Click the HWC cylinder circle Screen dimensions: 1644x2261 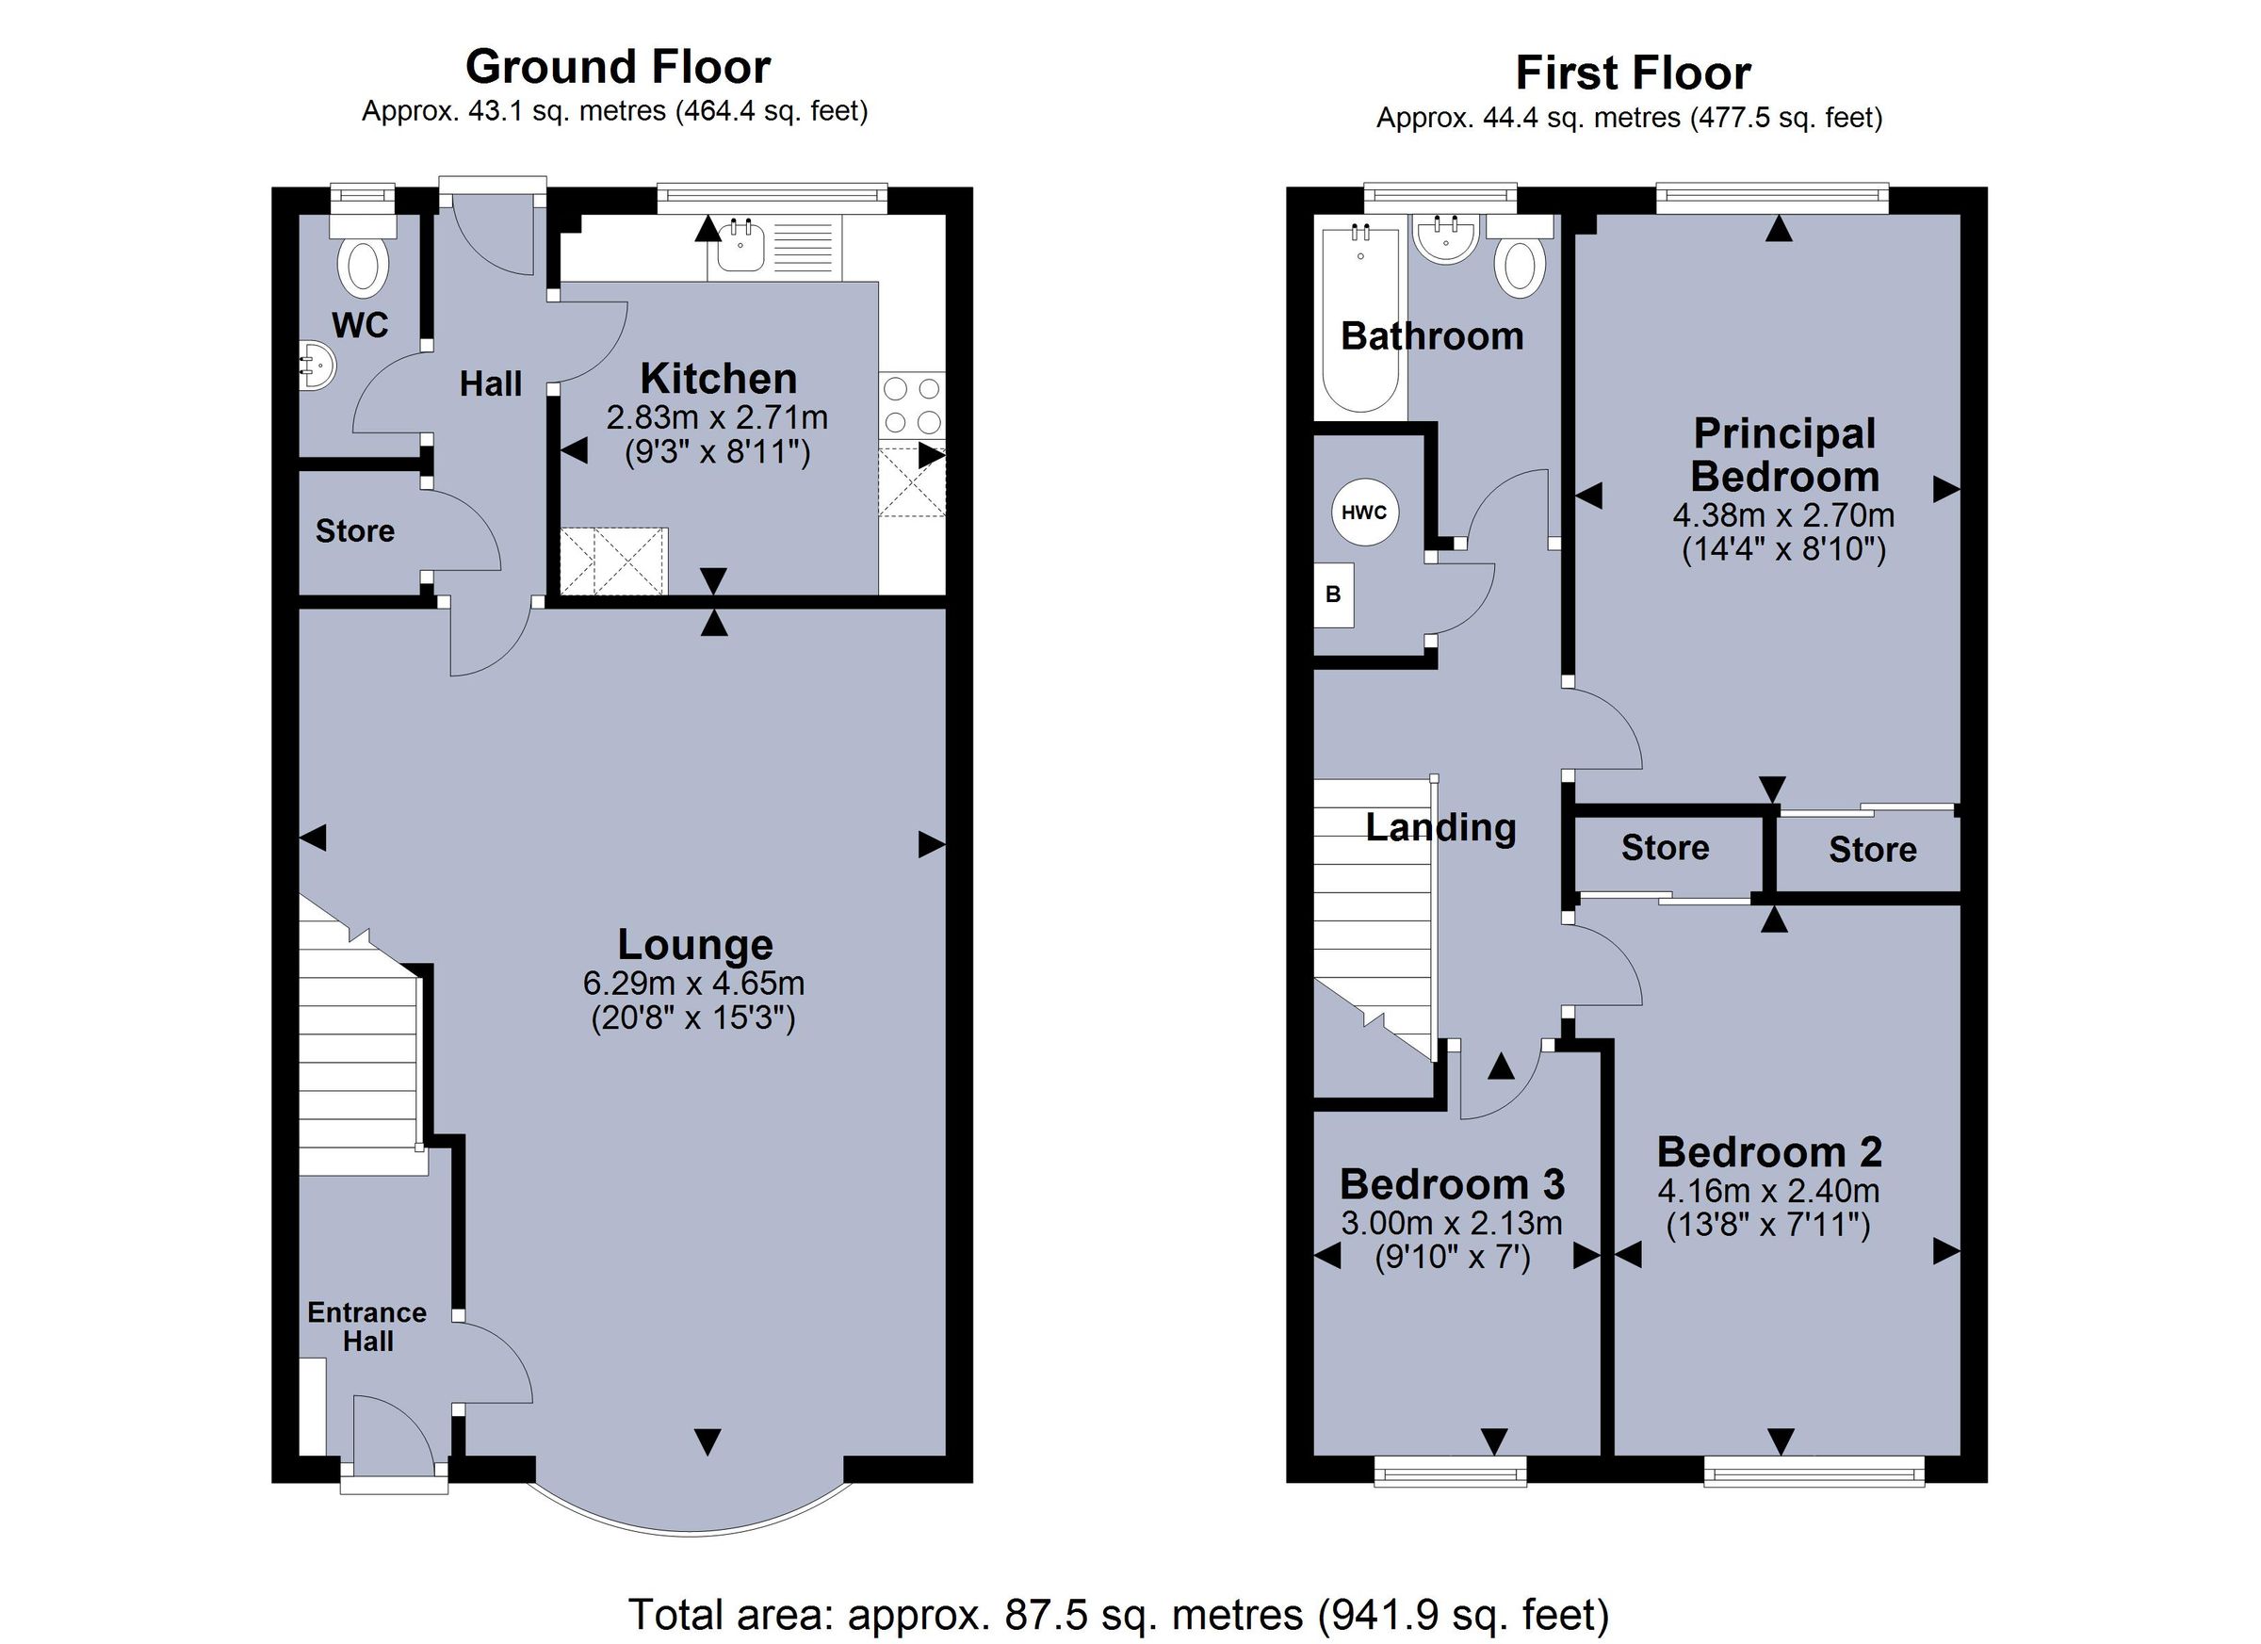tap(1365, 513)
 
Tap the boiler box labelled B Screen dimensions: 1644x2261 tap(1334, 595)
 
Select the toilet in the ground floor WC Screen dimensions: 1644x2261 tap(363, 264)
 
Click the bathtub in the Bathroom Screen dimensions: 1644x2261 tap(1360, 319)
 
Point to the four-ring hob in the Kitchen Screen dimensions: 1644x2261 tap(912, 405)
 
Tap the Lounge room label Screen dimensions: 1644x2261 tap(695, 944)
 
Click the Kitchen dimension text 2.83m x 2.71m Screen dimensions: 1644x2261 tap(717, 416)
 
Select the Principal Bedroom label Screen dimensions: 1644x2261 tap(1784, 455)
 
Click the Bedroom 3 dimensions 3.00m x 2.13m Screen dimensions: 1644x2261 tap(1452, 1222)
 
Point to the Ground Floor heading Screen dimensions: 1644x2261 tap(617, 68)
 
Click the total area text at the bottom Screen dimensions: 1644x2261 tap(1118, 1613)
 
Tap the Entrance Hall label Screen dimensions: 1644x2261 tap(366, 1326)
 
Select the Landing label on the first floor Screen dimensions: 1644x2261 tap(1440, 826)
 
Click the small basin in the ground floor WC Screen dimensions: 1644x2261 tap(317, 366)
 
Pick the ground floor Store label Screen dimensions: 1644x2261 tap(355, 530)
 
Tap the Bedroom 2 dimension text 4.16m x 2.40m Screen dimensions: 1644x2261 tap(1768, 1191)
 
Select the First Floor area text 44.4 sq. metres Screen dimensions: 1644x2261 tap(1629, 119)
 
